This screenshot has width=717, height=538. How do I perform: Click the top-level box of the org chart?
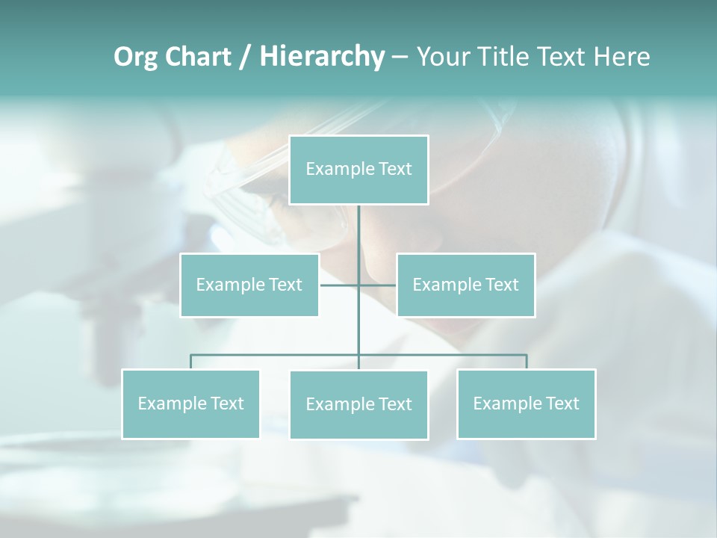(x=358, y=170)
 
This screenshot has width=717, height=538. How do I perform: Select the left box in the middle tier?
(x=249, y=285)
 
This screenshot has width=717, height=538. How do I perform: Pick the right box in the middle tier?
(x=465, y=285)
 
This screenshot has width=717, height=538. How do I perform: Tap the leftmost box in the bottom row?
(x=190, y=403)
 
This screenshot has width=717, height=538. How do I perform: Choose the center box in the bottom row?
(x=358, y=405)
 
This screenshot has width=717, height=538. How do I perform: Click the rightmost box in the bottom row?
(x=526, y=403)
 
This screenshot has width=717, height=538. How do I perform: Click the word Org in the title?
(x=134, y=57)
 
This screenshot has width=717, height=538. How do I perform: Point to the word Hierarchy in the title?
(x=321, y=57)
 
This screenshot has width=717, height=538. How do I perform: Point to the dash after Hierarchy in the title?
(x=400, y=57)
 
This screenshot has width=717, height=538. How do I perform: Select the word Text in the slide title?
(x=567, y=57)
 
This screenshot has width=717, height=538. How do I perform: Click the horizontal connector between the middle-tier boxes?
(x=340, y=285)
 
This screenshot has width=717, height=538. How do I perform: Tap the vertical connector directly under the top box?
(x=358, y=232)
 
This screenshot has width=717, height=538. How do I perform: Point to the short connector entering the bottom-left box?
(x=190, y=362)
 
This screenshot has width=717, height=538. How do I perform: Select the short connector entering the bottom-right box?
(x=526, y=362)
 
